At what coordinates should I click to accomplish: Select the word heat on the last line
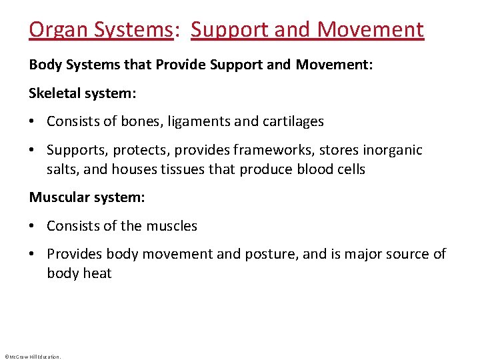(x=97, y=273)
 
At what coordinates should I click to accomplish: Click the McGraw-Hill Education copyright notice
(x=32, y=357)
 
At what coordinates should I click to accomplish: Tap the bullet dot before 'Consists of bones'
(x=33, y=122)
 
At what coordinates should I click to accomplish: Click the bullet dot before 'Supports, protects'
(x=33, y=151)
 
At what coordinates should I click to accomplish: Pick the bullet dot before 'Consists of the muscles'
(x=33, y=227)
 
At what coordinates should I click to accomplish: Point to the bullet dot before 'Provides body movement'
(x=33, y=255)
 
